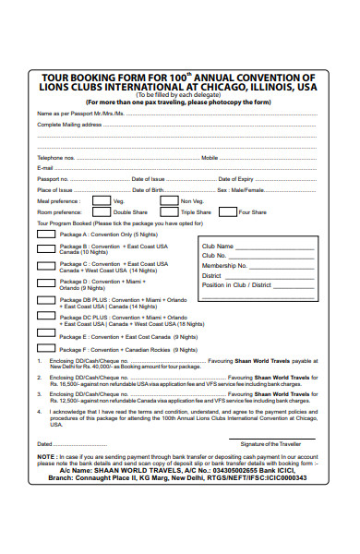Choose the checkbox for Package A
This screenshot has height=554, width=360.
pyautogui.click(x=45, y=235)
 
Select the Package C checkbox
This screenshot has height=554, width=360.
pyautogui.click(x=45, y=265)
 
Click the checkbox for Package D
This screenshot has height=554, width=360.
pyautogui.click(x=45, y=283)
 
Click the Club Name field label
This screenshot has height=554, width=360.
pyautogui.click(x=217, y=247)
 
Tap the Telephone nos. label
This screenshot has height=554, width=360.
pyautogui.click(x=55, y=158)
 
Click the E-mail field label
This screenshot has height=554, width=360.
pyautogui.click(x=45, y=168)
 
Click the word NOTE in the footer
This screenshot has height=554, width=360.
pyautogui.click(x=46, y=457)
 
